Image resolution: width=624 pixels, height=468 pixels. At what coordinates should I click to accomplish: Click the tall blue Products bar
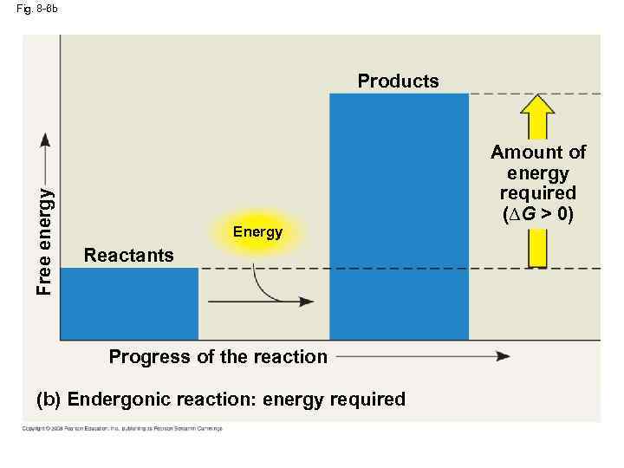[399, 217]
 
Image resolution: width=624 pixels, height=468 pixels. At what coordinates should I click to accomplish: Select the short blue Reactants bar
[129, 303]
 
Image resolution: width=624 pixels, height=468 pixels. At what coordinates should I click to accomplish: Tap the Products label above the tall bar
[398, 81]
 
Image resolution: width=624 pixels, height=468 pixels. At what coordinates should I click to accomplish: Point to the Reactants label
[128, 255]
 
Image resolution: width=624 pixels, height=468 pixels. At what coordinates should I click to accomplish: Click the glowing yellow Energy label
[257, 232]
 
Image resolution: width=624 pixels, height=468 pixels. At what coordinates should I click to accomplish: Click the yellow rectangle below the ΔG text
[538, 246]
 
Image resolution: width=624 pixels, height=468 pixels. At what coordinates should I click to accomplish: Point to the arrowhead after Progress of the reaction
[502, 356]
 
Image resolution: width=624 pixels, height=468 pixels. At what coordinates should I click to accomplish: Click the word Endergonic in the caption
[117, 400]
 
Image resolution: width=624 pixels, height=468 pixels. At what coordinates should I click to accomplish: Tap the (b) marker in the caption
[48, 400]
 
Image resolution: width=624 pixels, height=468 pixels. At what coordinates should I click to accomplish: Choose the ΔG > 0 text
[538, 213]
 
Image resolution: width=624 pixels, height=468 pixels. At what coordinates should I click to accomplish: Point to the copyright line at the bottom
[122, 428]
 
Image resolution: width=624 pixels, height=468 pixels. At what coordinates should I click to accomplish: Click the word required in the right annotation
[538, 193]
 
